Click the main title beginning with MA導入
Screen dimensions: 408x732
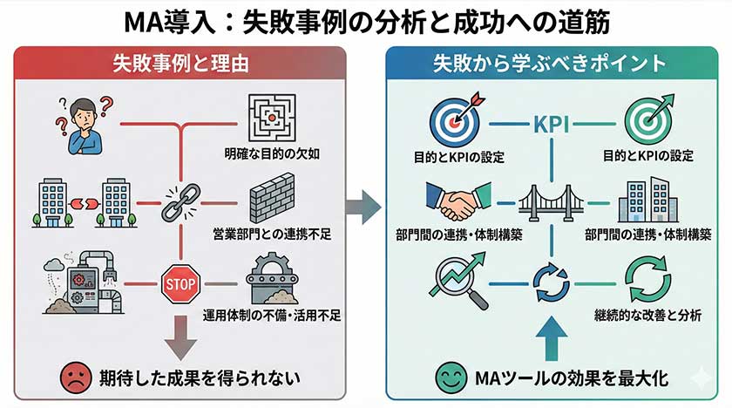coord(367,19)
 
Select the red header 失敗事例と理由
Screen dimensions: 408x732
coord(180,64)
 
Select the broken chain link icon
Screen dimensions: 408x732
coord(181,202)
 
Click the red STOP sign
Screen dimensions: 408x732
coord(181,282)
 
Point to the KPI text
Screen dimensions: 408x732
coord(550,124)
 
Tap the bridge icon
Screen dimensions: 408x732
coord(550,203)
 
